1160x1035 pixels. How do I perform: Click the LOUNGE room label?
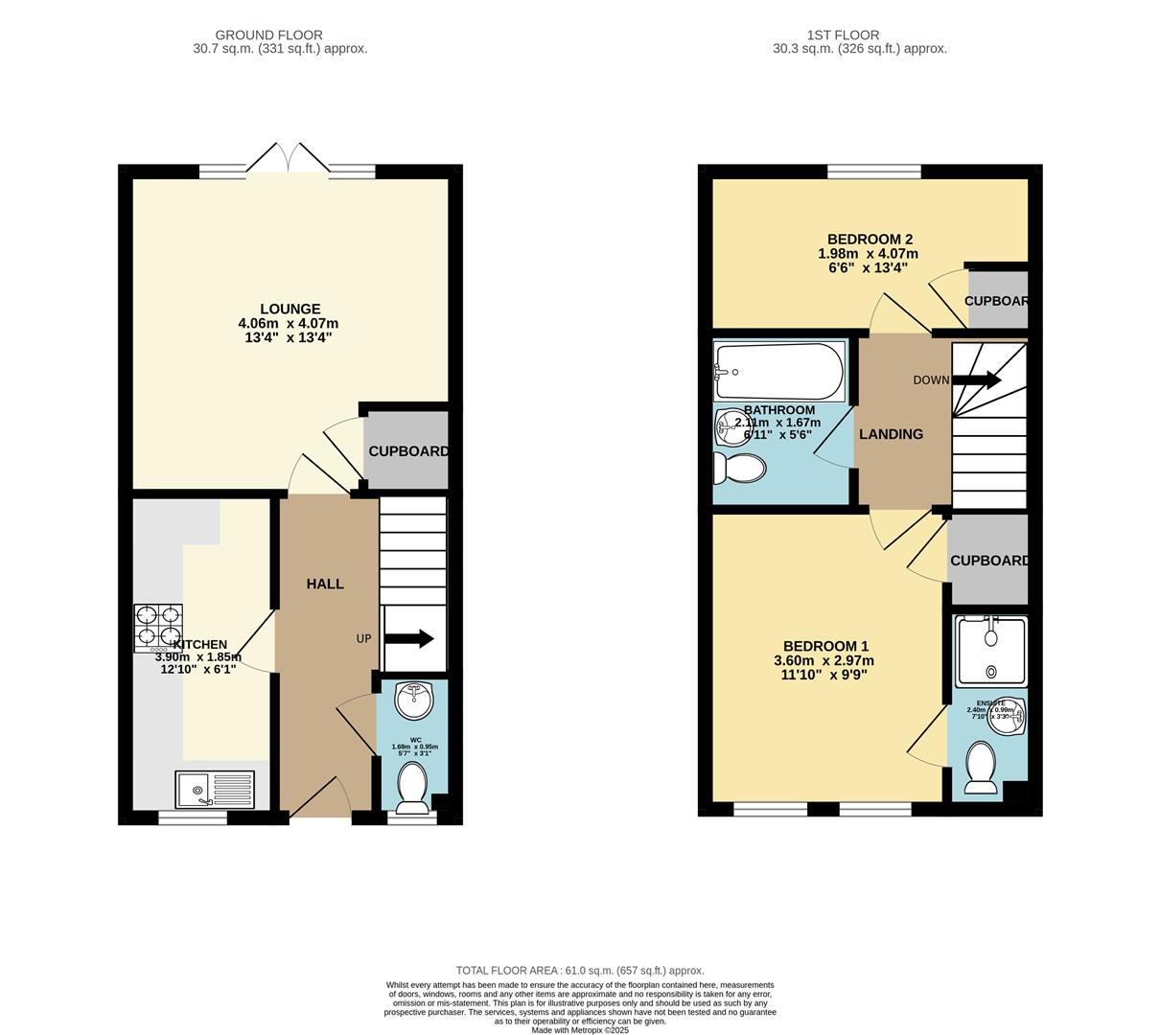290,309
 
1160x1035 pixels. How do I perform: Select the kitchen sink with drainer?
215,790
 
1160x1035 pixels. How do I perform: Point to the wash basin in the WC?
414,700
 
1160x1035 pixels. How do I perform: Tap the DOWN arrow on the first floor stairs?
976,380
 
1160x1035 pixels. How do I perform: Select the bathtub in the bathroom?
778,372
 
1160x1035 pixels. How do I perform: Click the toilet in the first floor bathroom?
738,469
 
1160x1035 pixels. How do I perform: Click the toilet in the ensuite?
983,768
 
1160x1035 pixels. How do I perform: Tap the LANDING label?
891,434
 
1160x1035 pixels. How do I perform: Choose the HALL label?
325,584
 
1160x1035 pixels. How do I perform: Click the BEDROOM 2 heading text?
870,240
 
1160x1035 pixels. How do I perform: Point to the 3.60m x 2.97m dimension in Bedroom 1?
824,660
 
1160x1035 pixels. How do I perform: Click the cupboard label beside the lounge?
408,451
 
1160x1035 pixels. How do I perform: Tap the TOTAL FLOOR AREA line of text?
579,970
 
